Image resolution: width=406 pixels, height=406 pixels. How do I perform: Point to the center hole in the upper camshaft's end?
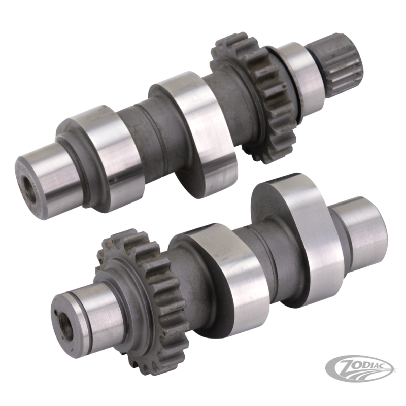(30, 188)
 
